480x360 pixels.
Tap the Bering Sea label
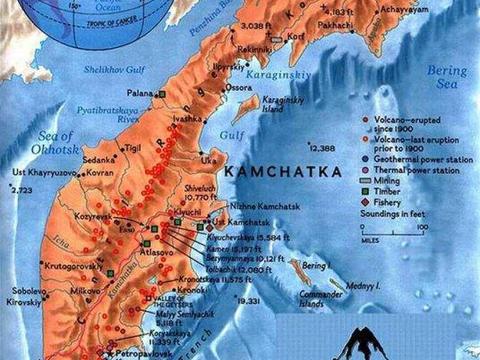[x=447, y=77]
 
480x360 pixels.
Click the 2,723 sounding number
[x=21, y=190]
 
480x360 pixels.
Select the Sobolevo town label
[x=27, y=290]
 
